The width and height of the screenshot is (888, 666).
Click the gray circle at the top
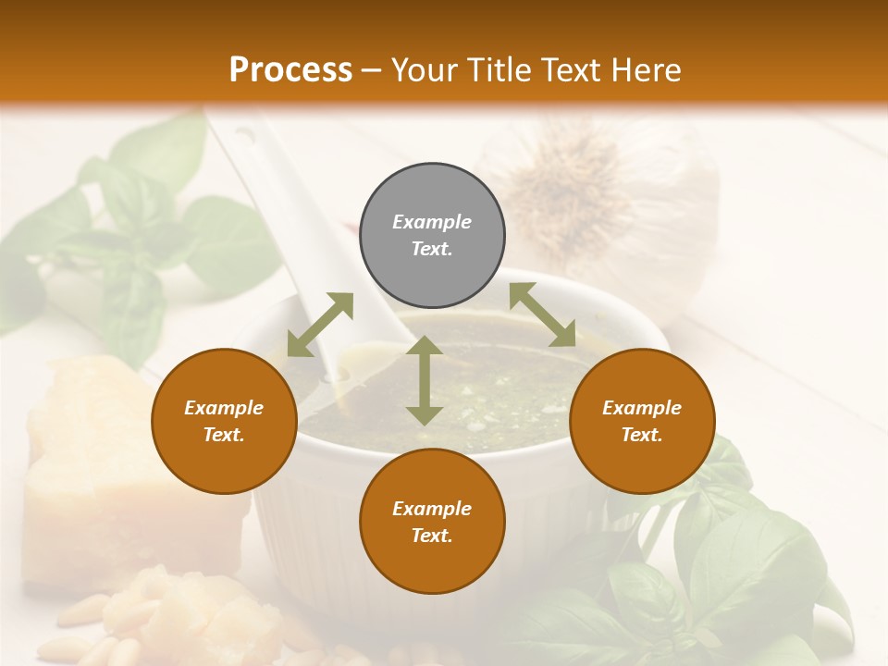pos(432,236)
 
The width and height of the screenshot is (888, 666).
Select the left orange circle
pos(224,421)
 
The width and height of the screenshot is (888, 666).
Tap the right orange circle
pos(641,421)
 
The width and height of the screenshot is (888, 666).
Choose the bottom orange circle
pos(432,522)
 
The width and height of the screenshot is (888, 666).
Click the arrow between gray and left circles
pos(320,325)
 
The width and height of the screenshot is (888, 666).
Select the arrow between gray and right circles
pos(543,314)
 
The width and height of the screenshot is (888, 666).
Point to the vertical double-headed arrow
pos(425,380)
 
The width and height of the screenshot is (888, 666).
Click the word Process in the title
pos(290,69)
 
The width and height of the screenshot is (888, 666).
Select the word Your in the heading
pos(422,69)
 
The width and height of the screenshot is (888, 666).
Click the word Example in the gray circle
pos(432,222)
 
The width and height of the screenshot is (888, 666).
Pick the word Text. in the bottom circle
pos(432,536)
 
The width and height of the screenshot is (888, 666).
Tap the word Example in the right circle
pos(641,408)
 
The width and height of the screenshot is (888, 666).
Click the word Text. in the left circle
pos(224,435)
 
